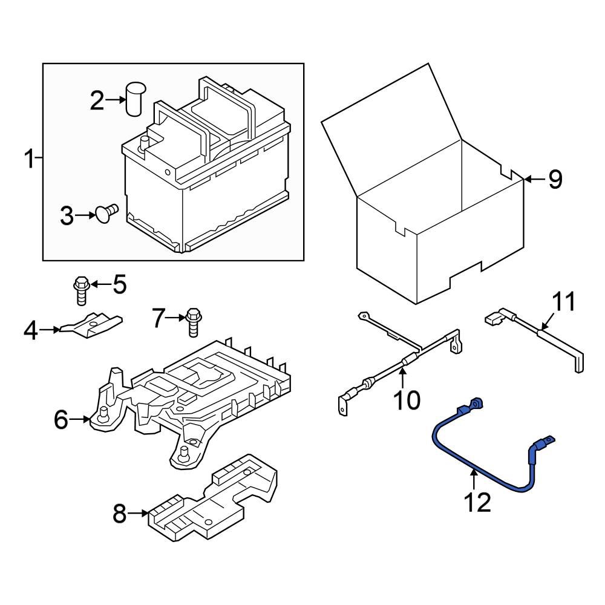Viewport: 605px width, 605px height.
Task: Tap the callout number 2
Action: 97,101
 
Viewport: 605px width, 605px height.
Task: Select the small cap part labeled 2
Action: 133,99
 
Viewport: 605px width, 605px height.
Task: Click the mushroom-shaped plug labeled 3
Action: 106,214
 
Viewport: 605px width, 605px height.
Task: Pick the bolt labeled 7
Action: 193,321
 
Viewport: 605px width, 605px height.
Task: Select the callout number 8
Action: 120,514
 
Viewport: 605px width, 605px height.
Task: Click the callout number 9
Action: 555,179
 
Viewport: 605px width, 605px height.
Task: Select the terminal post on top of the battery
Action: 145,143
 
